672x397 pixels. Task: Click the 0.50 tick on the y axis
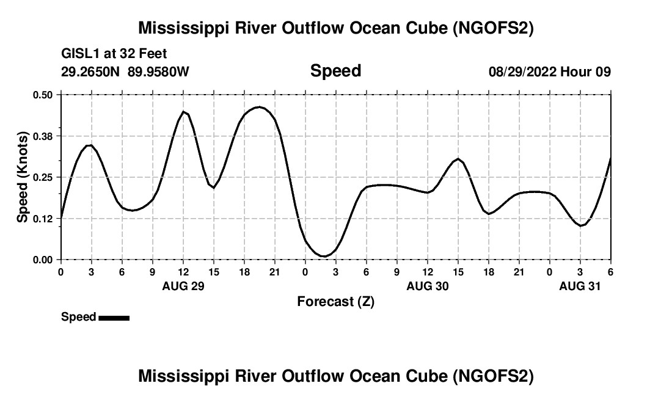click(43, 95)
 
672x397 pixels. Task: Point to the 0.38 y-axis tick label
click(43, 136)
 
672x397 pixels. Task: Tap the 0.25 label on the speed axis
click(43, 177)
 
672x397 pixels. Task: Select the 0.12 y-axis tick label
click(43, 218)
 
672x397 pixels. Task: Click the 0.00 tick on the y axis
click(43, 260)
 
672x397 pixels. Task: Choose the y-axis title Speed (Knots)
click(23, 177)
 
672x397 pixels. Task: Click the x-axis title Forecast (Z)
click(335, 301)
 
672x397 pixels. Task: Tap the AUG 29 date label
click(183, 286)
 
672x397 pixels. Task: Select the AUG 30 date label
click(428, 286)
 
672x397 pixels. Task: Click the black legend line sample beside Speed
click(114, 318)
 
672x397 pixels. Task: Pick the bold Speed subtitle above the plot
click(335, 71)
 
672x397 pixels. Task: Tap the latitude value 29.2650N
click(91, 72)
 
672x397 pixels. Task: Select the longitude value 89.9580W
click(158, 72)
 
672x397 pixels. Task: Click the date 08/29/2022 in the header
click(522, 72)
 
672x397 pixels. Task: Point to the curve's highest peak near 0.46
click(259, 107)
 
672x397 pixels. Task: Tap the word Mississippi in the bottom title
click(177, 376)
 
